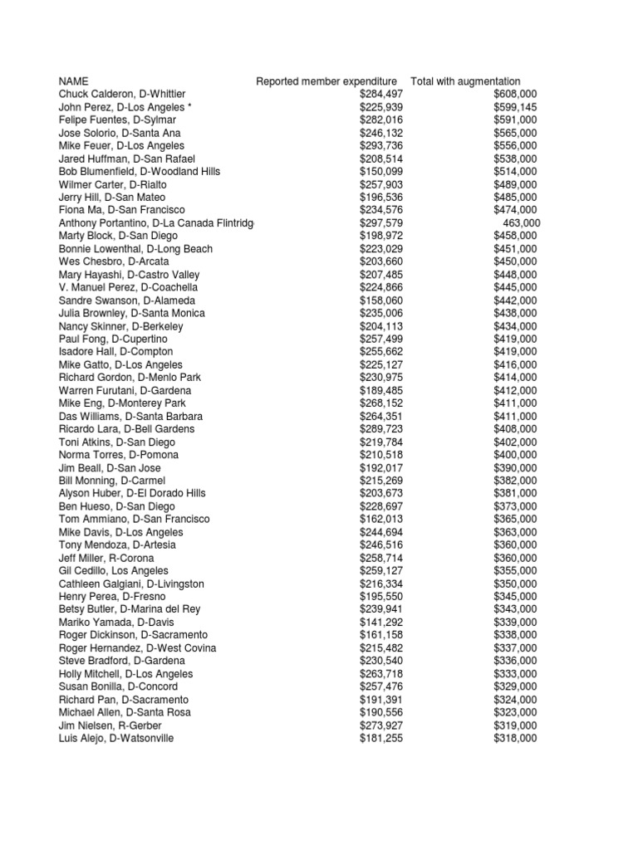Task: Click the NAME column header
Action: (73, 81)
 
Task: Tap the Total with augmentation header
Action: (465, 81)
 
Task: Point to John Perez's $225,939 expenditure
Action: (380, 107)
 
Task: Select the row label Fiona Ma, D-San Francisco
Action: (122, 210)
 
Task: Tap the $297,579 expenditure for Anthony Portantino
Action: (380, 223)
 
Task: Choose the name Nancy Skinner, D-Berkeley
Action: (121, 326)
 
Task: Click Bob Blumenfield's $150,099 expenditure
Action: (380, 171)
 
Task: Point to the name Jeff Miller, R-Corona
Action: (106, 558)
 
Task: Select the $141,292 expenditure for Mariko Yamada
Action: (380, 623)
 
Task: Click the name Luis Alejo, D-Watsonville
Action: (116, 738)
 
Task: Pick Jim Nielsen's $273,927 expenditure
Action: (380, 725)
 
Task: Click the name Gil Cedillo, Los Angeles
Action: (114, 571)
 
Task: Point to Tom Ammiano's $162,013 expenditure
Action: (380, 519)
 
